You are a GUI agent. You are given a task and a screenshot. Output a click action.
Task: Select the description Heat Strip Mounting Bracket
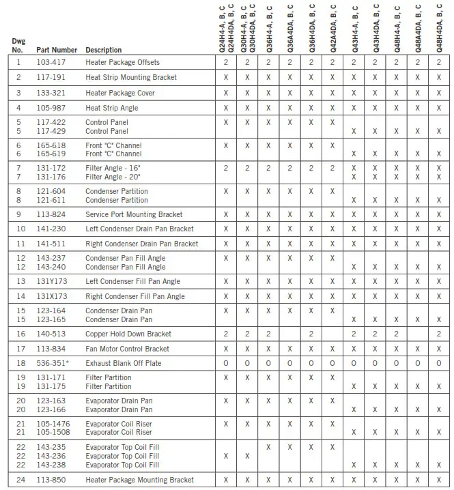pos(131,77)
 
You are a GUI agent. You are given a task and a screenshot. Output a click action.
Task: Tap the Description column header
pos(104,50)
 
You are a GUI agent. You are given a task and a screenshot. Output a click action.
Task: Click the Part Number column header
pos(57,50)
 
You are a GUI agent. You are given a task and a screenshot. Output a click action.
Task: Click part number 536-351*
pos(51,364)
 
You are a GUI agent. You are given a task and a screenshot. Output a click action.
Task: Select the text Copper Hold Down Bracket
pos(128,334)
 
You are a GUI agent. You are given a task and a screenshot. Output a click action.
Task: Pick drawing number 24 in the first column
pos(20,480)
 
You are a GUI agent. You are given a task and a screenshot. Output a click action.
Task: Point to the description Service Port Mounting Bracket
pos(134,214)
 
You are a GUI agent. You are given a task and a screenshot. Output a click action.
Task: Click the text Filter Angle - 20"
pos(114,177)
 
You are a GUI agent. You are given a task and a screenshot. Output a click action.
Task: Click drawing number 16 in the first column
pos(20,334)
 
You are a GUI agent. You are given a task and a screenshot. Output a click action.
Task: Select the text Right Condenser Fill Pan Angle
pos(135,296)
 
